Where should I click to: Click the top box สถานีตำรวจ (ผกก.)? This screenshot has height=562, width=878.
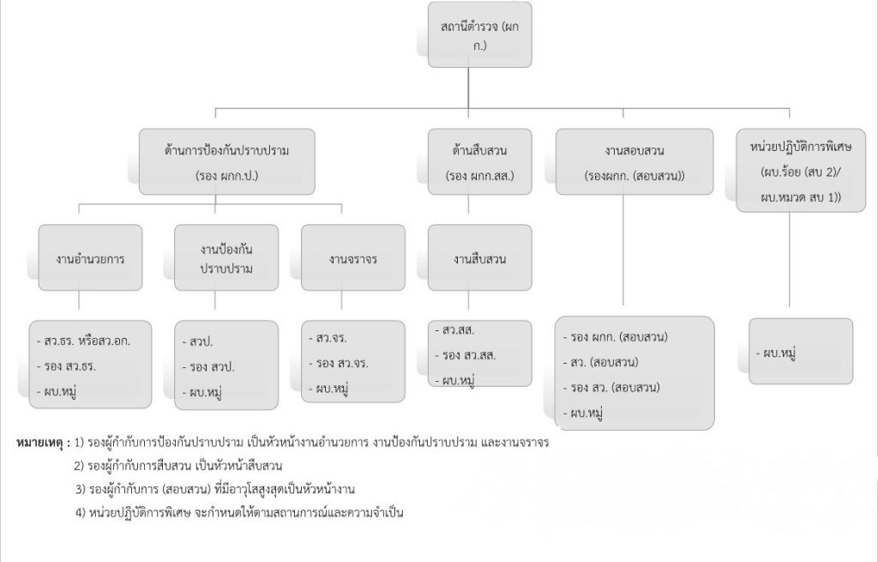(x=479, y=34)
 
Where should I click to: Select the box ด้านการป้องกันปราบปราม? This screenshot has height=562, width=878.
(x=227, y=162)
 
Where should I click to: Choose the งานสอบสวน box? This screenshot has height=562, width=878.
(x=634, y=162)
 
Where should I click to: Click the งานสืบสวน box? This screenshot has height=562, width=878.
(x=479, y=258)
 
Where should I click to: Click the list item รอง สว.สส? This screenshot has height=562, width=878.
(x=467, y=354)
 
